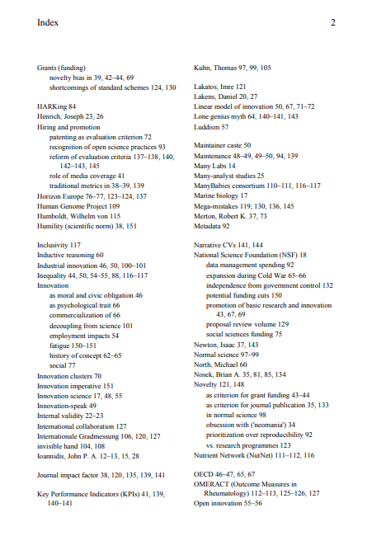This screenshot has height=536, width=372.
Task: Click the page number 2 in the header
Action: (332, 23)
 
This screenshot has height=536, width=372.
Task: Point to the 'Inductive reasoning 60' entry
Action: (71, 256)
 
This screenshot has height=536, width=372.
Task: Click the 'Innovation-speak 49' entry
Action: (67, 406)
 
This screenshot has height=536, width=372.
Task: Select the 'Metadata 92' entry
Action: (212, 226)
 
